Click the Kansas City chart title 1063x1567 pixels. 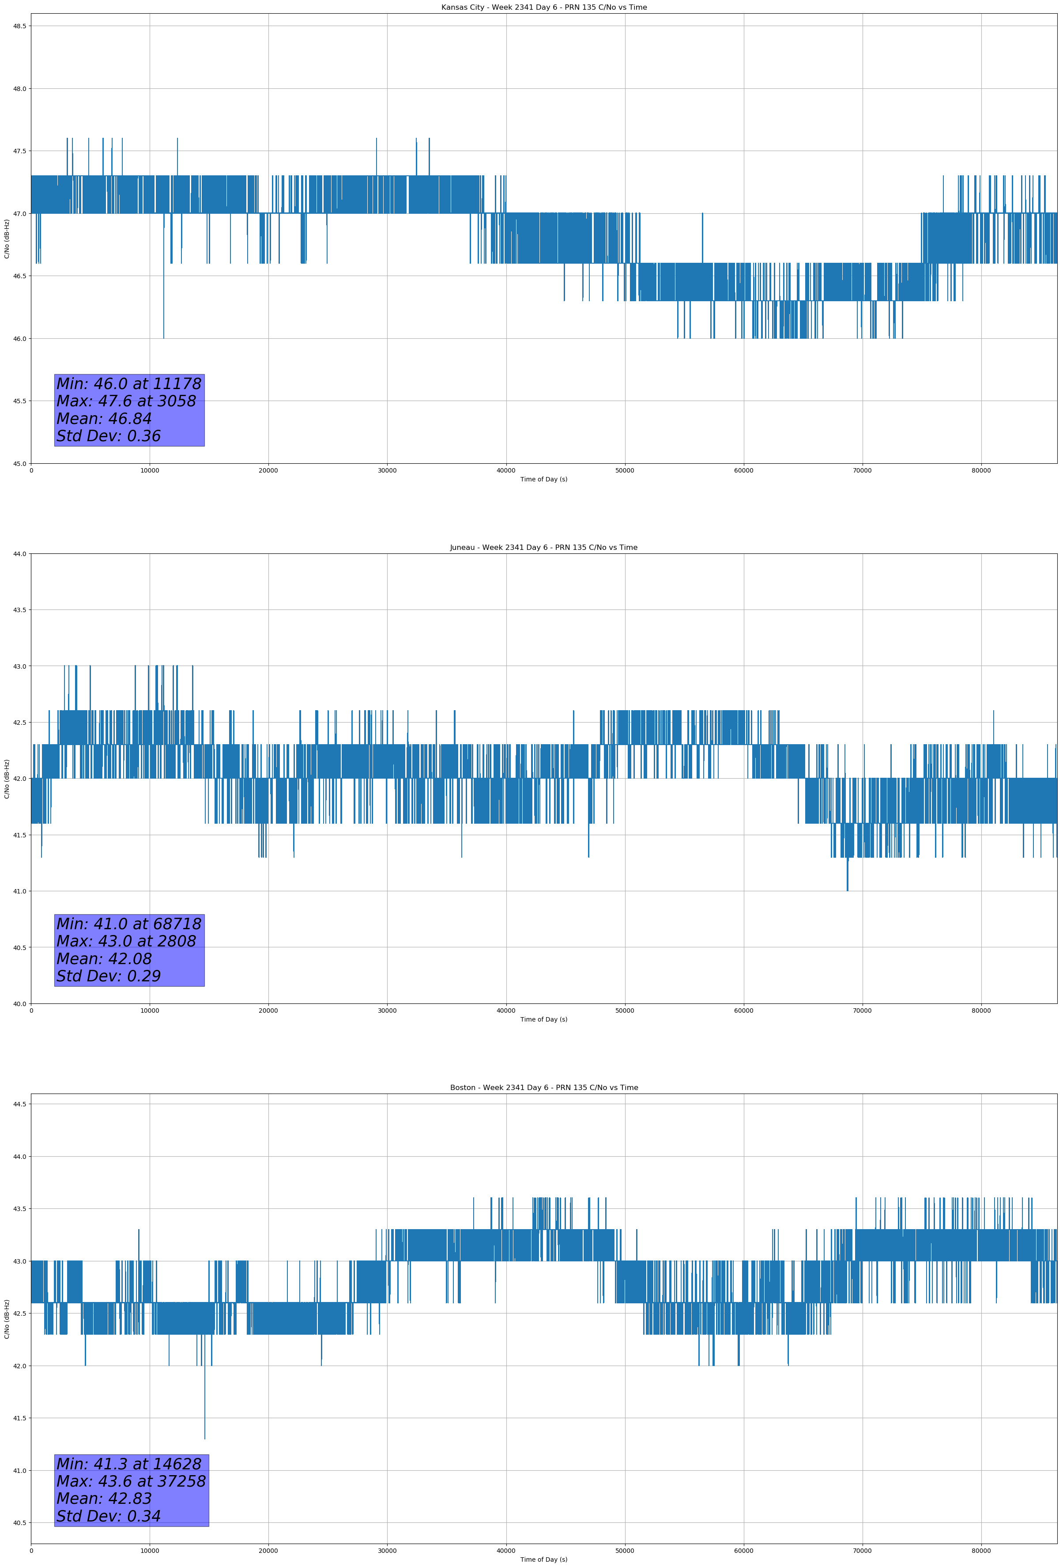(x=543, y=8)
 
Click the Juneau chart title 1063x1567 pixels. (x=543, y=548)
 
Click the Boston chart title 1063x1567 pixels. (x=543, y=1088)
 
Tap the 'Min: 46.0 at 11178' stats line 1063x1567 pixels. (x=129, y=384)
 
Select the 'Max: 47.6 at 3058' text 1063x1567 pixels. (x=126, y=401)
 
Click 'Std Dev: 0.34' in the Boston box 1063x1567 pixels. (x=109, y=1516)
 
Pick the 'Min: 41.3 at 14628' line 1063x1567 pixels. (x=129, y=1464)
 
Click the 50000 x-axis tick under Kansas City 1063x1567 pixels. (x=624, y=471)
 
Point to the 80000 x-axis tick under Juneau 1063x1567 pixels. (x=981, y=1011)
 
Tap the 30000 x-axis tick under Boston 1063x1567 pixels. (x=387, y=1551)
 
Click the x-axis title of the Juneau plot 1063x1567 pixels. (x=543, y=1019)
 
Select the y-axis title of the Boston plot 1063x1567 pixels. (x=7, y=1319)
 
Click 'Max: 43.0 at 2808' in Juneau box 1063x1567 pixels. (x=126, y=941)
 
